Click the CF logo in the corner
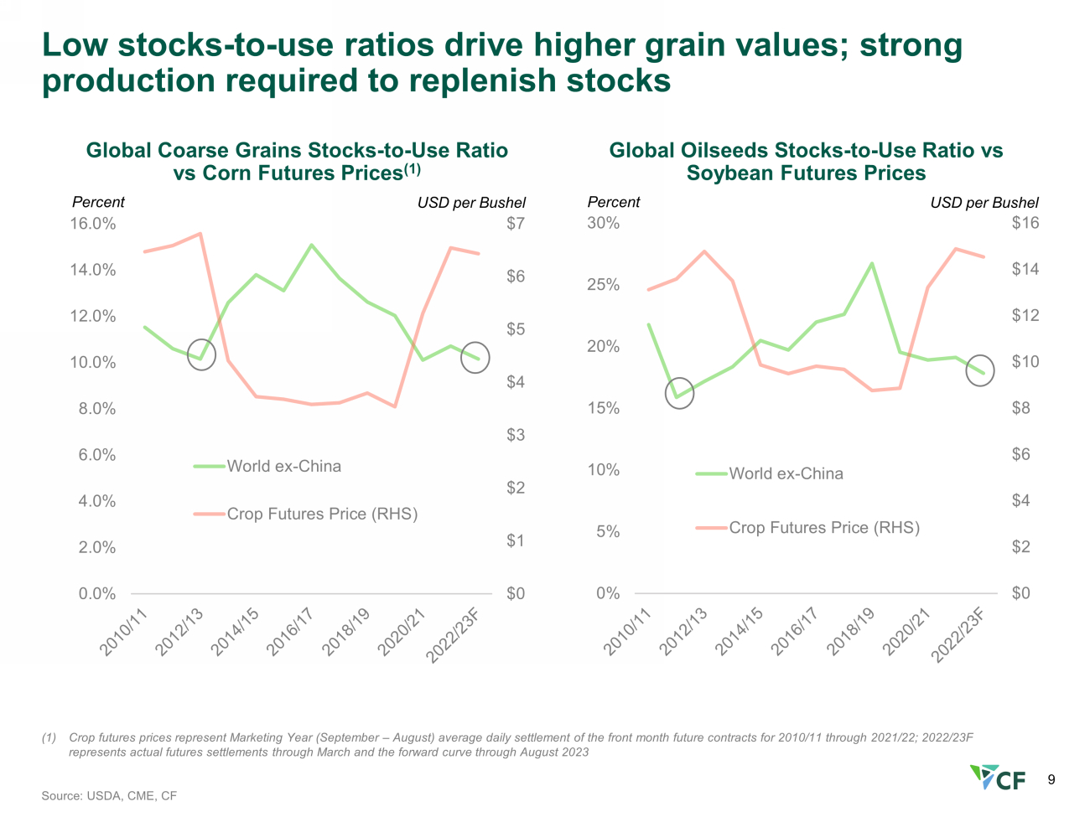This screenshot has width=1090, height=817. click(998, 778)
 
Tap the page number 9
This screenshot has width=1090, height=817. click(1051, 779)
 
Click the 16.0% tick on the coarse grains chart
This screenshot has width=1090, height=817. click(93, 224)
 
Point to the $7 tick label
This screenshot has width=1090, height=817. click(516, 223)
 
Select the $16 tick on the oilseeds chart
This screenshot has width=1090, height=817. click(1025, 223)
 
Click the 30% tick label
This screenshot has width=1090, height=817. click(604, 223)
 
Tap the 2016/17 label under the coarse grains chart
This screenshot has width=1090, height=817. click(290, 632)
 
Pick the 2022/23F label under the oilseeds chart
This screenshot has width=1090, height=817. click(958, 635)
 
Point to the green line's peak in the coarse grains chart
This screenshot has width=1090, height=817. click(311, 245)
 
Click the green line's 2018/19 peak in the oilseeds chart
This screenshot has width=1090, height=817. click(873, 263)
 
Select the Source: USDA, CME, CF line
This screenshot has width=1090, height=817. click(109, 796)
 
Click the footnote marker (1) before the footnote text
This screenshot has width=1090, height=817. click(49, 737)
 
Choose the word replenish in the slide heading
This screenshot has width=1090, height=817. click(482, 80)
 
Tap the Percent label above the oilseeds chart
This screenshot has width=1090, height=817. click(613, 203)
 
